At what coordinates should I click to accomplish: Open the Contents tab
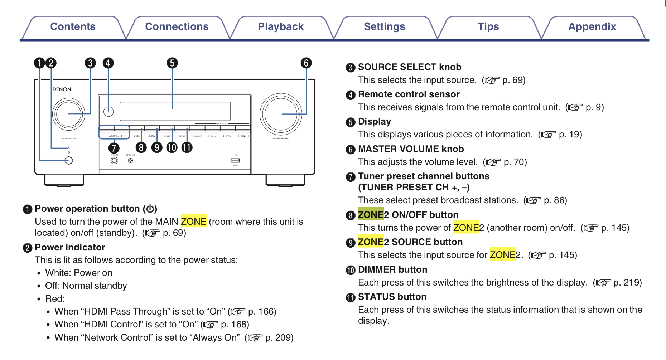coord(73,27)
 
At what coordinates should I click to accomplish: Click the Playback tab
coord(280,27)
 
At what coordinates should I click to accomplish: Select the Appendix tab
coord(592,27)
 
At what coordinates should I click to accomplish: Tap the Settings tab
coord(384,27)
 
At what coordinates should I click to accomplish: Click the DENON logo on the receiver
coord(62,89)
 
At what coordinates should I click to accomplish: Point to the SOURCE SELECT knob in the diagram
coord(68,114)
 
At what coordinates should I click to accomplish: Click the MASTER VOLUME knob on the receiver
coord(281,114)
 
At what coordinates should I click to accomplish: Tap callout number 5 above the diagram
coord(172,63)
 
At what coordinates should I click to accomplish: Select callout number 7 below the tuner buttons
coord(114,148)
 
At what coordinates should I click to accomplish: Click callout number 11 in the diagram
coord(187,147)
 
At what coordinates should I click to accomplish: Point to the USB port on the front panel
coord(235,160)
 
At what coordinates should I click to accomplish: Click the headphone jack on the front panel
coord(114,160)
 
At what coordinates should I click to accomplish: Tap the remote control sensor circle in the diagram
coord(108,111)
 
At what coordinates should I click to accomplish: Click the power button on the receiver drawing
coord(69,160)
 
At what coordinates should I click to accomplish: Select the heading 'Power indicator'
coord(70,247)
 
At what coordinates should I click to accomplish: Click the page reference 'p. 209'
coord(279,338)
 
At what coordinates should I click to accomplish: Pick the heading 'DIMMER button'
coord(392,269)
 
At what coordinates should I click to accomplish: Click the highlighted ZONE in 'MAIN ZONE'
coord(193,222)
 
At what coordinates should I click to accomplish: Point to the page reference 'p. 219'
coord(627,283)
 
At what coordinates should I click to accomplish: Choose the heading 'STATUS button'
coord(392,297)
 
